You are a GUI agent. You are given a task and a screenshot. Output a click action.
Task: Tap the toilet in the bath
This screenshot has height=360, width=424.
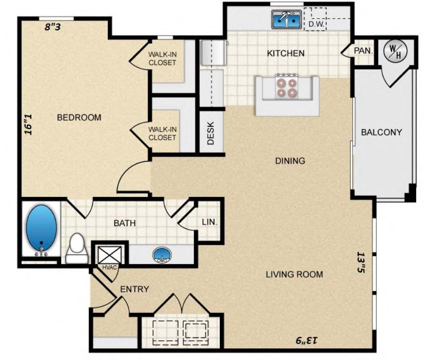click(77, 249)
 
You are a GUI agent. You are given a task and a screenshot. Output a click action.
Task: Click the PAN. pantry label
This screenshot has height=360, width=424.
click(362, 50)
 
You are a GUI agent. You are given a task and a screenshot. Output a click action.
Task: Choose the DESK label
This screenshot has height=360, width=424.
click(210, 133)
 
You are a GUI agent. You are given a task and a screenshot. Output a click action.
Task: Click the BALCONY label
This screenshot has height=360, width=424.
click(381, 132)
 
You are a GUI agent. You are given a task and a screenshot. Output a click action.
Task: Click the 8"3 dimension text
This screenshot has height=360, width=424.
click(53, 27)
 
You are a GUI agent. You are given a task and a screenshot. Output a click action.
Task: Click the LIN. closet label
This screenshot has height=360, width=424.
click(209, 222)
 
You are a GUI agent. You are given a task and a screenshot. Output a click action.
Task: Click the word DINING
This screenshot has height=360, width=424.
click(290, 161)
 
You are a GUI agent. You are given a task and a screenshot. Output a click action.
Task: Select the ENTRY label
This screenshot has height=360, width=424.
click(134, 289)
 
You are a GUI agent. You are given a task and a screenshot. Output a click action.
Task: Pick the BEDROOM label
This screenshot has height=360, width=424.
click(79, 118)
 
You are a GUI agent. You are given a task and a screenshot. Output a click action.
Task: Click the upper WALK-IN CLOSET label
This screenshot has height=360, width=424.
click(162, 58)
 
